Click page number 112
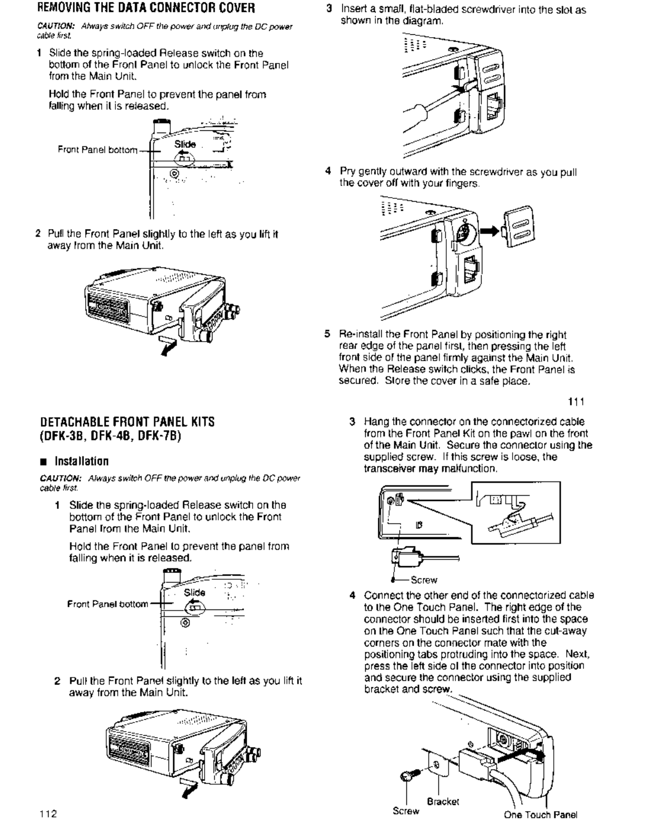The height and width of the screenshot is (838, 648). click(x=48, y=813)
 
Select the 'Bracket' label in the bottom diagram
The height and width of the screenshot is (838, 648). click(x=443, y=801)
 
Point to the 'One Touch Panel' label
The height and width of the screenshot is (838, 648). click(x=540, y=815)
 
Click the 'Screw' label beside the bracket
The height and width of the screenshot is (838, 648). click(x=406, y=811)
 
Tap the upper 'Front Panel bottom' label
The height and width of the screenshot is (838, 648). click(x=98, y=150)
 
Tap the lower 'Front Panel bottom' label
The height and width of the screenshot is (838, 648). click(x=107, y=604)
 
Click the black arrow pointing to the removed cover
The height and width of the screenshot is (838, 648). click(x=490, y=231)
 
